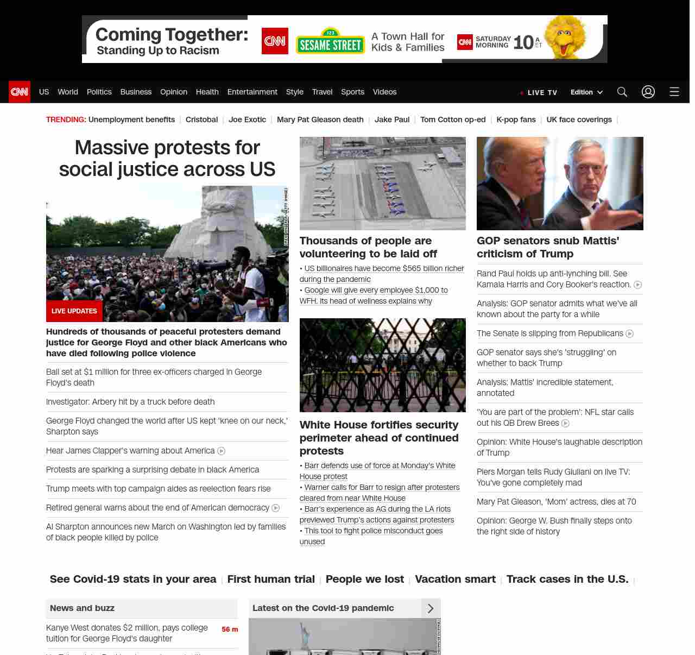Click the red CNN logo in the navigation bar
click(20, 92)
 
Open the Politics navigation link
click(99, 92)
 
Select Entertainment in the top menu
click(252, 92)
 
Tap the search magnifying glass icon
click(622, 92)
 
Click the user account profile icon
click(648, 92)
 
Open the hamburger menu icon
click(674, 92)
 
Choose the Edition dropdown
click(586, 92)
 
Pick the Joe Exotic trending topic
click(247, 119)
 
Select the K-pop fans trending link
click(516, 119)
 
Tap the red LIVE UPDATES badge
click(74, 311)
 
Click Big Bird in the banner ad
click(566, 37)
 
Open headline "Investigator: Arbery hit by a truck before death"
click(130, 402)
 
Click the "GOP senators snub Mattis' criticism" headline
click(548, 247)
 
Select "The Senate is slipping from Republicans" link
click(549, 333)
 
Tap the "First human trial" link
click(271, 579)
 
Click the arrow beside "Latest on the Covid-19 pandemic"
click(431, 608)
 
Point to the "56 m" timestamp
click(230, 629)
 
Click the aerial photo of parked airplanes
click(382, 184)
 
